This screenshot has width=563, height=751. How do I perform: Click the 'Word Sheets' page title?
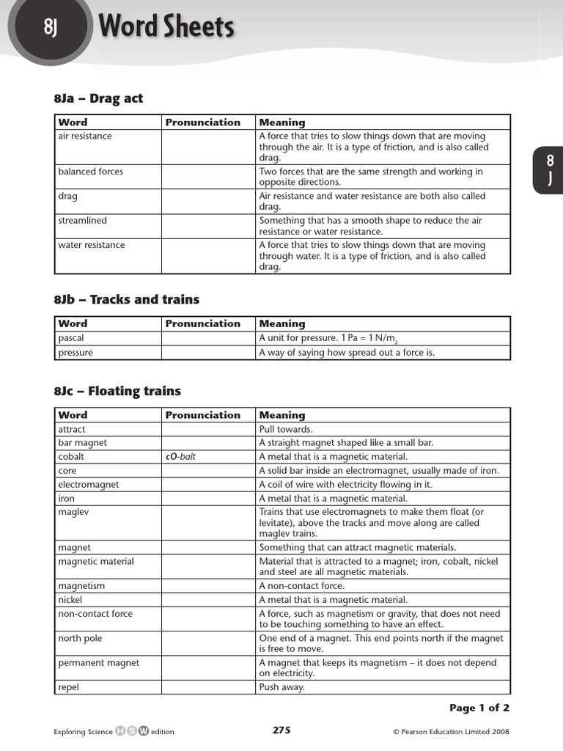click(x=166, y=27)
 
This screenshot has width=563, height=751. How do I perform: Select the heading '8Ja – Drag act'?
click(x=98, y=98)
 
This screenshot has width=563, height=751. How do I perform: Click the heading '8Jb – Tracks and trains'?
click(x=126, y=299)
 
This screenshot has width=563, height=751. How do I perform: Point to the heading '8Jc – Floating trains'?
click(x=117, y=391)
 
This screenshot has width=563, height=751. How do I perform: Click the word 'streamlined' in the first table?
click(x=82, y=220)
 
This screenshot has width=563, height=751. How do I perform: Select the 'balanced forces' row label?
click(x=90, y=172)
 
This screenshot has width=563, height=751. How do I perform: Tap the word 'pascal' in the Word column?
click(x=71, y=338)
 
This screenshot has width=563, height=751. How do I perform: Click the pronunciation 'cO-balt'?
click(x=180, y=456)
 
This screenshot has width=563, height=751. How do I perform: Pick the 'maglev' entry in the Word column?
click(x=73, y=512)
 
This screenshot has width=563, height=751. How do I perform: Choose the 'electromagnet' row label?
click(x=88, y=485)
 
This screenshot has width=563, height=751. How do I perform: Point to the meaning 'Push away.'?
click(x=281, y=687)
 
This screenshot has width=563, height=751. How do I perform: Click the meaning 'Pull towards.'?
click(x=286, y=429)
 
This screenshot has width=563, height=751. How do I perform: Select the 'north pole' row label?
click(x=80, y=638)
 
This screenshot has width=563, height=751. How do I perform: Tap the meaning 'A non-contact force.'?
click(x=301, y=586)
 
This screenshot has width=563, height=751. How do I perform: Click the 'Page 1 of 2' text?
click(x=479, y=708)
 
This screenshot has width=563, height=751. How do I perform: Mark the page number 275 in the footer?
click(x=281, y=730)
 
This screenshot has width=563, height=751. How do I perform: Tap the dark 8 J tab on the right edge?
click(x=549, y=170)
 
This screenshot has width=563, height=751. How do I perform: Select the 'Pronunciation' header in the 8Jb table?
click(x=202, y=323)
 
